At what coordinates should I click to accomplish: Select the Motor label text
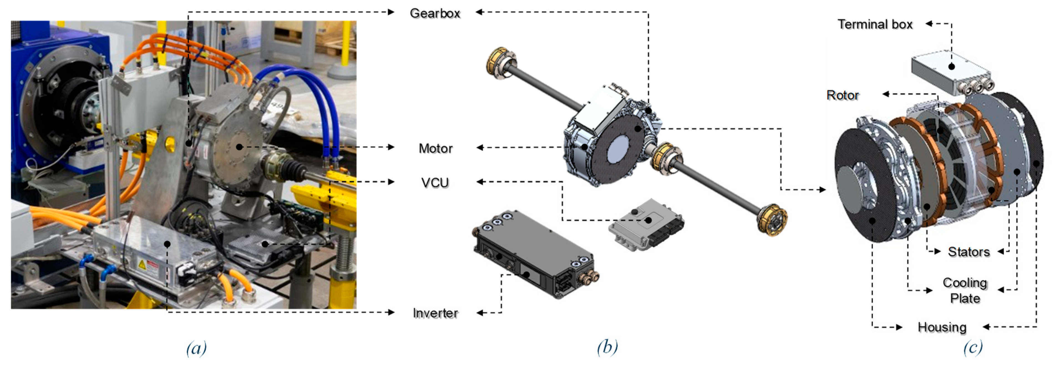435,148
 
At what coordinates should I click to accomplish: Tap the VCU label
435,182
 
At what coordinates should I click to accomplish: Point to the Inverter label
435,313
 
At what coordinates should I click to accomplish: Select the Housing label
942,327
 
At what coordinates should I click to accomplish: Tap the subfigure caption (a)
196,348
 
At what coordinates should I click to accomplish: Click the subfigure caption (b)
607,348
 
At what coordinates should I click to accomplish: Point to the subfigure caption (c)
972,348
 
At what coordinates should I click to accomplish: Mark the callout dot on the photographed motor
239,147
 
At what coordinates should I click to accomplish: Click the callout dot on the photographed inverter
167,244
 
